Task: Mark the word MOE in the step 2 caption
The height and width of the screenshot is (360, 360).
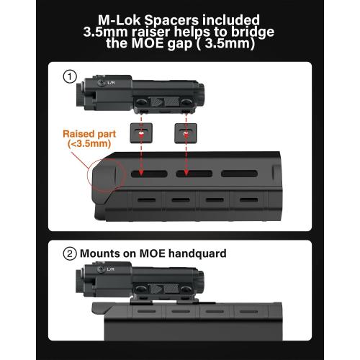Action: click(x=150, y=253)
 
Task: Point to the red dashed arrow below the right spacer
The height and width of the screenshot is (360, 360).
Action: click(x=186, y=158)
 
